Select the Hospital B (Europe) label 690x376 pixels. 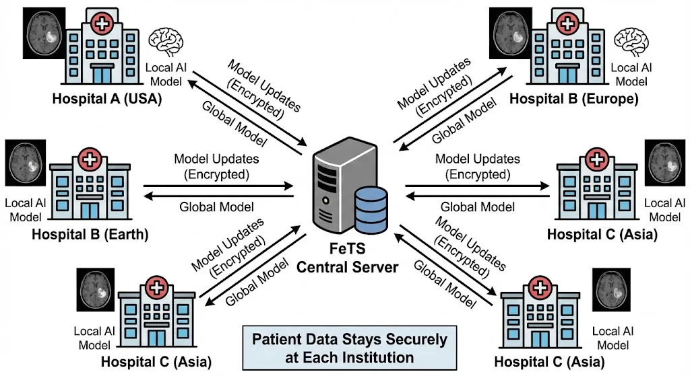(x=573, y=99)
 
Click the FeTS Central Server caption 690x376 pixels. (x=348, y=258)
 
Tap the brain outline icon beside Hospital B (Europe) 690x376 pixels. (x=635, y=42)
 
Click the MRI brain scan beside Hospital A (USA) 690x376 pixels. (x=44, y=34)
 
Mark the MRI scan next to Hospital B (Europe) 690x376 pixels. (x=511, y=33)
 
